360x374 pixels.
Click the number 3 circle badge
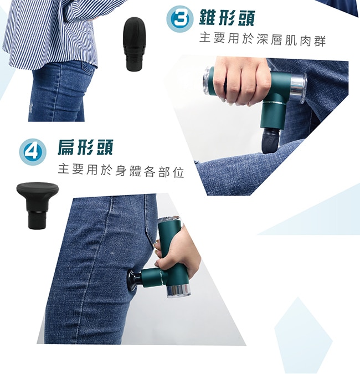click(178, 19)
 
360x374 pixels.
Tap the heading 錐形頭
click(227, 18)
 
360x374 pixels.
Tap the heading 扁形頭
click(85, 147)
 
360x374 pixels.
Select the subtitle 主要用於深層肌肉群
click(263, 39)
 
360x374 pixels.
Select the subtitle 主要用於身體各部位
click(121, 171)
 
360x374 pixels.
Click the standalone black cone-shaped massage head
click(134, 44)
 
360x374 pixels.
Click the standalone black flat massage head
click(38, 206)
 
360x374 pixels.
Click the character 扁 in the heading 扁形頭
click(67, 147)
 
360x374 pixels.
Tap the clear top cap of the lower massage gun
click(169, 221)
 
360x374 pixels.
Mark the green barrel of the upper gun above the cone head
click(272, 116)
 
